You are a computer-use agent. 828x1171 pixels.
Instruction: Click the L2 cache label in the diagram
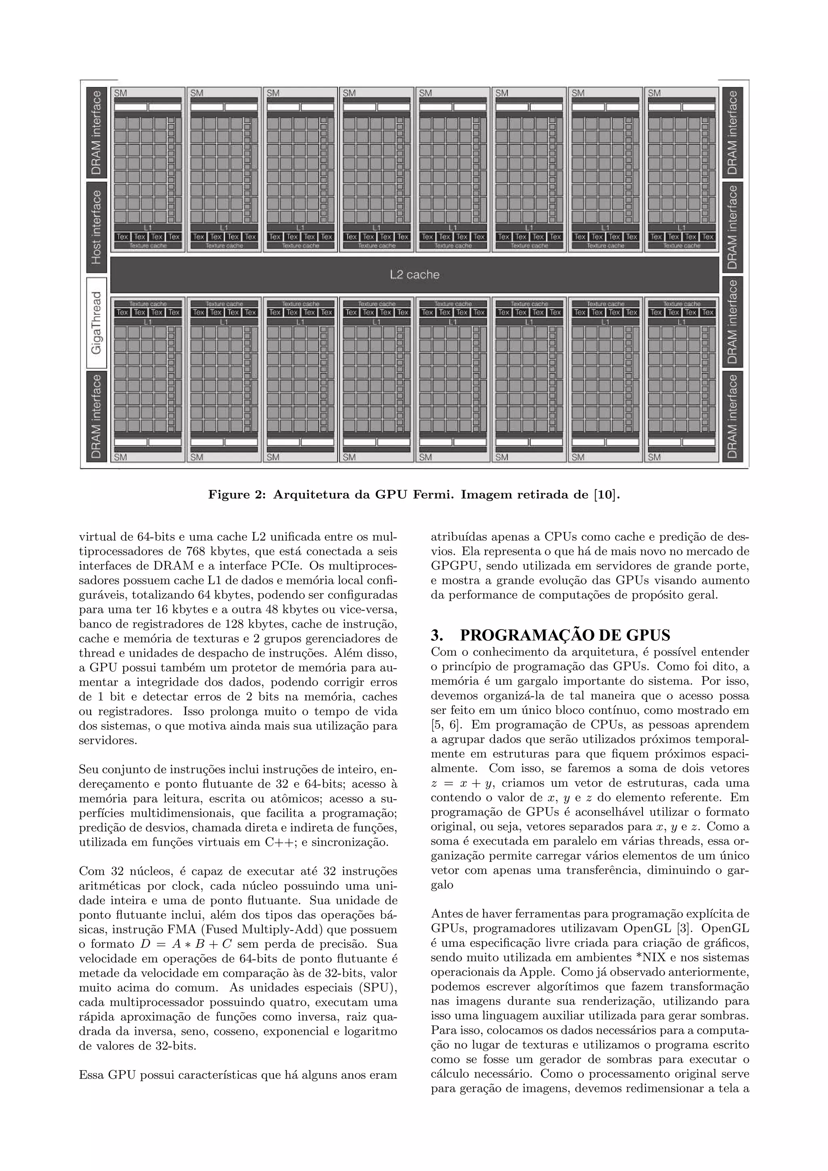click(x=414, y=275)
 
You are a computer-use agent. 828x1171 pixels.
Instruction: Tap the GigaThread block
click(x=96, y=323)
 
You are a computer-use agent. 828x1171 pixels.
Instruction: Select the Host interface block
click(x=96, y=227)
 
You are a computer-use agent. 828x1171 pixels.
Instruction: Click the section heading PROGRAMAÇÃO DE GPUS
click(x=565, y=636)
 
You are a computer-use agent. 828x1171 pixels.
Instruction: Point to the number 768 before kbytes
click(x=196, y=551)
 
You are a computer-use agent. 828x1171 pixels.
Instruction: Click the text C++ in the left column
click(x=278, y=842)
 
